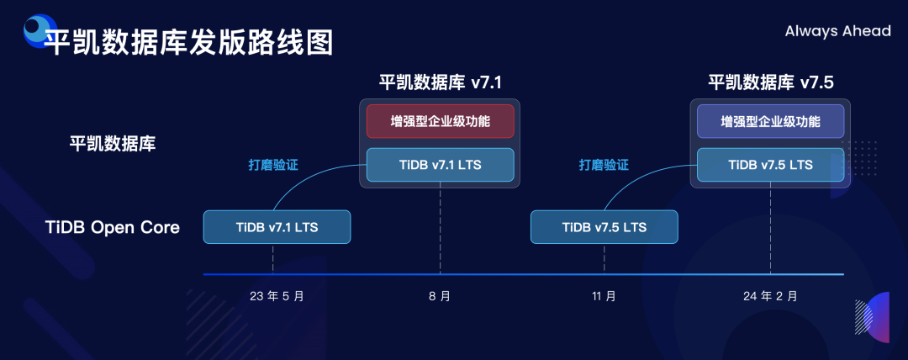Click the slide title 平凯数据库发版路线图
188,41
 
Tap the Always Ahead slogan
837,31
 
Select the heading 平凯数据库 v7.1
441,82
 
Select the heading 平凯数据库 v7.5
770,82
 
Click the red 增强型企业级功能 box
440,121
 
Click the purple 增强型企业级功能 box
770,121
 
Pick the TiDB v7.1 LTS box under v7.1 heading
440,165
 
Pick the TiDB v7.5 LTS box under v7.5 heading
770,165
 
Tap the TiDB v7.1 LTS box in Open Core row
277,227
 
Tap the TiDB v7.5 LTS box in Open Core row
604,227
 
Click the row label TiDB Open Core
113,227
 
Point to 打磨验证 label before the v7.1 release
272,165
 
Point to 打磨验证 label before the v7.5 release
604,165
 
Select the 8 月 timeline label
440,296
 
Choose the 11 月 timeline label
604,296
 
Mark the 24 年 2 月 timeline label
770,296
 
